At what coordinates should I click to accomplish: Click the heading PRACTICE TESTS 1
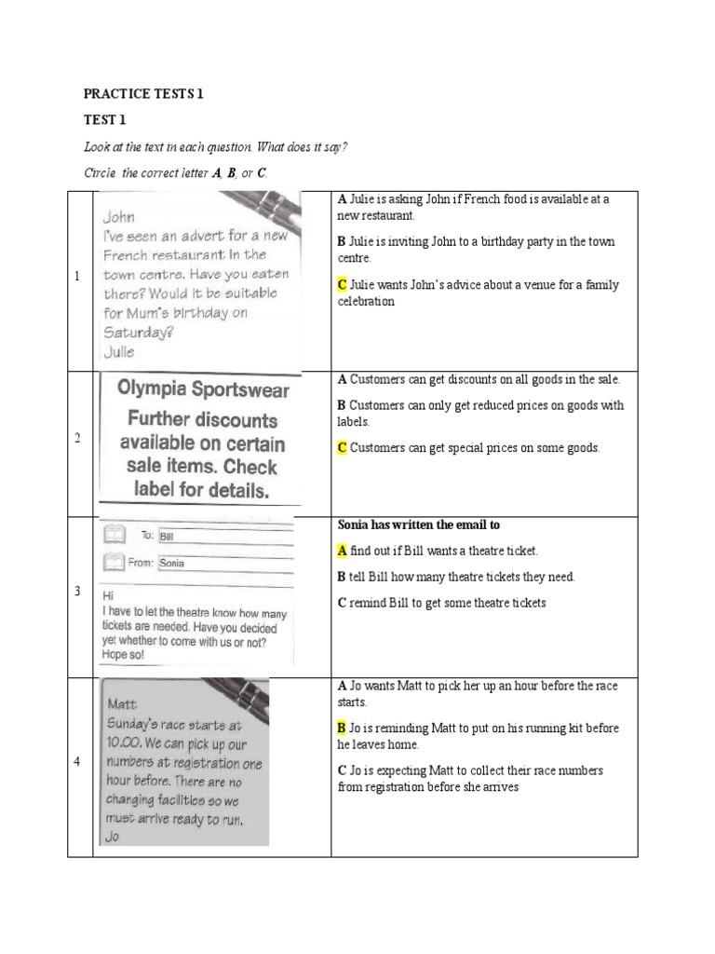[143, 94]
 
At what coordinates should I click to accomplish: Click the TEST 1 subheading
[104, 120]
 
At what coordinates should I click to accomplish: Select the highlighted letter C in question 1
[342, 285]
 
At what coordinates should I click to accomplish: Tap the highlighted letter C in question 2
[342, 448]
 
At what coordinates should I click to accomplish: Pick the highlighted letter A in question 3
[342, 552]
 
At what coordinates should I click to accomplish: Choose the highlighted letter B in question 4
[342, 729]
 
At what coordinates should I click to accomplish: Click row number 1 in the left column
[78, 277]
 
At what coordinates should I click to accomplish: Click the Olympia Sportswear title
[203, 390]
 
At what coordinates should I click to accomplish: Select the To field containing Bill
[223, 537]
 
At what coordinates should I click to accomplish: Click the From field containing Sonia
[223, 563]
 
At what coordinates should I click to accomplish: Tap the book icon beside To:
[114, 535]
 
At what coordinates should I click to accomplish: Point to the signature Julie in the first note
[118, 352]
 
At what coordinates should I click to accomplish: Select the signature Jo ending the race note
[114, 836]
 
